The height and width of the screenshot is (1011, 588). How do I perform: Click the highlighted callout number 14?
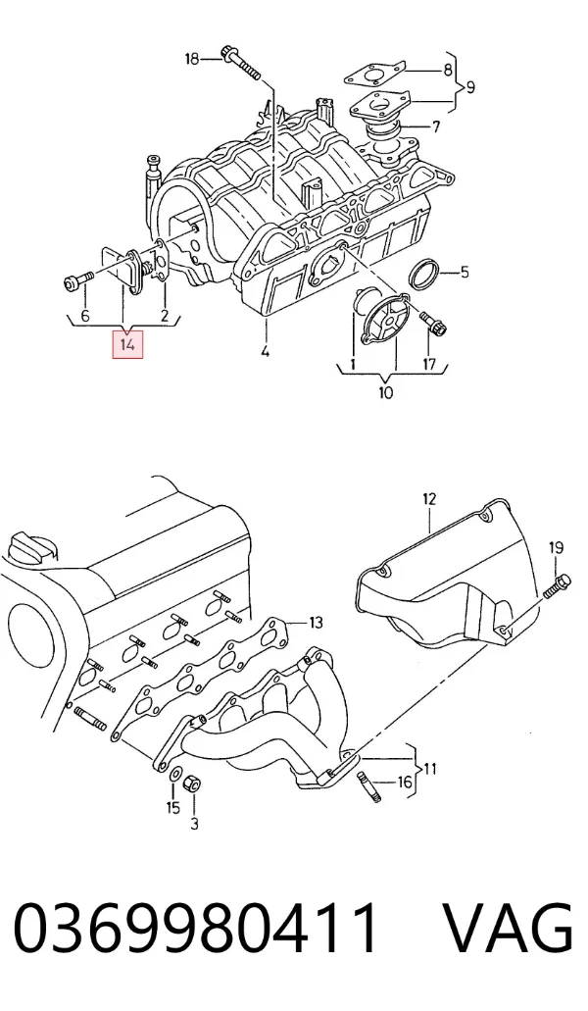[127, 344]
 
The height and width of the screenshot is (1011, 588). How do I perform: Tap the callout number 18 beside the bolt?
[192, 59]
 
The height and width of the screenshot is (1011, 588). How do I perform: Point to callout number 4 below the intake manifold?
[266, 352]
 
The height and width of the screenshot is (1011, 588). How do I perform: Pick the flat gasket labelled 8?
[374, 74]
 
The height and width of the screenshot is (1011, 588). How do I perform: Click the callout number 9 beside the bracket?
[470, 86]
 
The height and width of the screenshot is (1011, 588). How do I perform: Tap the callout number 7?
[436, 126]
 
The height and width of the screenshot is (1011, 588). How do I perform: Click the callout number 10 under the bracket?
[386, 391]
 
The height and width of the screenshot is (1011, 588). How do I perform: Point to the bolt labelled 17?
[429, 325]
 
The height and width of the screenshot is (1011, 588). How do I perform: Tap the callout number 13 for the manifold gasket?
[316, 623]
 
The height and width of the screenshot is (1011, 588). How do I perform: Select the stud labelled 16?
[369, 787]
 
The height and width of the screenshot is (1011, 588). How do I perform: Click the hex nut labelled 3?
[192, 784]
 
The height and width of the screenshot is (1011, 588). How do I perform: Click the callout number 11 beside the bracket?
[430, 769]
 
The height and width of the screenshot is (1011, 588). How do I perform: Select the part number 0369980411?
[196, 928]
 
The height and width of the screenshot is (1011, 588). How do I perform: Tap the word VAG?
[509, 928]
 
